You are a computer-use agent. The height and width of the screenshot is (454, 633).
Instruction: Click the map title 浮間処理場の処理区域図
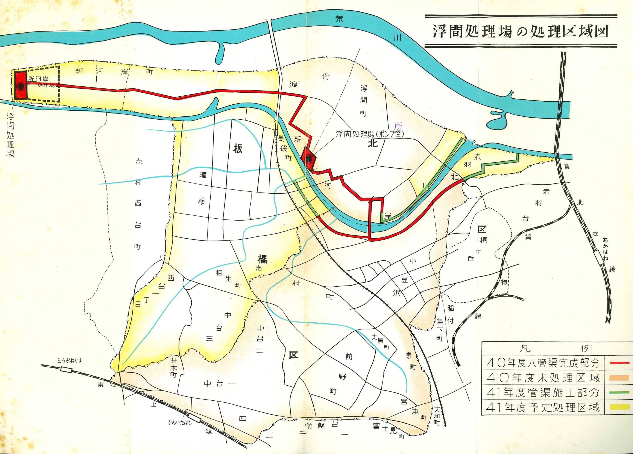click(520, 32)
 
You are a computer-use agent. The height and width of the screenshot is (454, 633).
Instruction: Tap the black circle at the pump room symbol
click(309, 159)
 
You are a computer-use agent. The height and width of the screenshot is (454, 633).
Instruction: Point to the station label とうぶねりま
click(70, 361)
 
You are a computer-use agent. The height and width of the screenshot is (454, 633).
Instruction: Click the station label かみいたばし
click(180, 422)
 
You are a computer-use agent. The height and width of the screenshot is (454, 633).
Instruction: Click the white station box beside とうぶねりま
click(66, 370)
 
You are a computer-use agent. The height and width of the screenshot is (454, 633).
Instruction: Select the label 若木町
click(174, 367)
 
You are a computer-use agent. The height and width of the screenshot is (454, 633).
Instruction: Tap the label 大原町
click(380, 342)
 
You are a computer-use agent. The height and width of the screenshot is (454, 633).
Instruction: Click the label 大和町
click(437, 415)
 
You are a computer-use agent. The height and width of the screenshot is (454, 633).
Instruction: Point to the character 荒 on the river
click(339, 19)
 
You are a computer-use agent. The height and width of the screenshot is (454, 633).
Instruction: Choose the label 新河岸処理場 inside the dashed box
click(42, 82)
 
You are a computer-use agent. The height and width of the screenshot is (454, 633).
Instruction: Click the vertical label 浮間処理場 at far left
click(10, 135)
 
